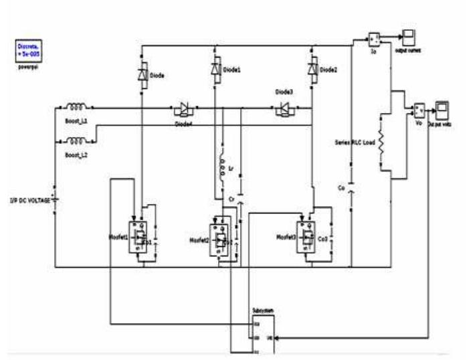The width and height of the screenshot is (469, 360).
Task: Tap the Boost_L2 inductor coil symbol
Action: pyautogui.click(x=76, y=141)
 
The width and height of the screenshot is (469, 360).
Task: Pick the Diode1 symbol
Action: pyautogui.click(x=215, y=69)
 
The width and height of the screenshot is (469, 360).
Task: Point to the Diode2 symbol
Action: pyautogui.click(x=311, y=69)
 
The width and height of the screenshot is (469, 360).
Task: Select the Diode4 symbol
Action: pyautogui.click(x=183, y=107)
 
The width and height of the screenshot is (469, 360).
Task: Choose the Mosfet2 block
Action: pyautogui.click(x=219, y=238)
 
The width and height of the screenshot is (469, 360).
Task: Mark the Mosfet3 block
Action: pyautogui.click(x=306, y=235)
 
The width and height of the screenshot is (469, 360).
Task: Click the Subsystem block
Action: pyautogui.click(x=264, y=329)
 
